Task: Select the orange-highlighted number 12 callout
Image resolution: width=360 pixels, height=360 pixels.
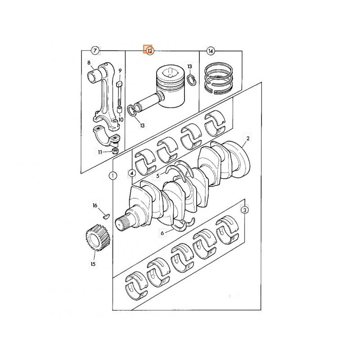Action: pyautogui.click(x=148, y=50)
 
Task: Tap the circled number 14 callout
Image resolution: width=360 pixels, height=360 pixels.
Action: pyautogui.click(x=210, y=50)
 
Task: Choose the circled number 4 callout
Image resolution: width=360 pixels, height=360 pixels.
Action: pyautogui.click(x=131, y=173)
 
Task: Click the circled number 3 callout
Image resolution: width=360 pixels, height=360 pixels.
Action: pyautogui.click(x=244, y=210)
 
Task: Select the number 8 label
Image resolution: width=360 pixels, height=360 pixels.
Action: pyautogui.click(x=89, y=63)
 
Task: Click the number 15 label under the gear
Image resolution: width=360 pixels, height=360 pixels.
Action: pyautogui.click(x=93, y=264)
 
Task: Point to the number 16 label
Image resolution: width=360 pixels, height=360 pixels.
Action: pyautogui.click(x=95, y=206)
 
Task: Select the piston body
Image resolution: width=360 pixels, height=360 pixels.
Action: pyautogui.click(x=170, y=86)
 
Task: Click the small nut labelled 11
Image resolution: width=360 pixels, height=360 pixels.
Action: pyautogui.click(x=115, y=151)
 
